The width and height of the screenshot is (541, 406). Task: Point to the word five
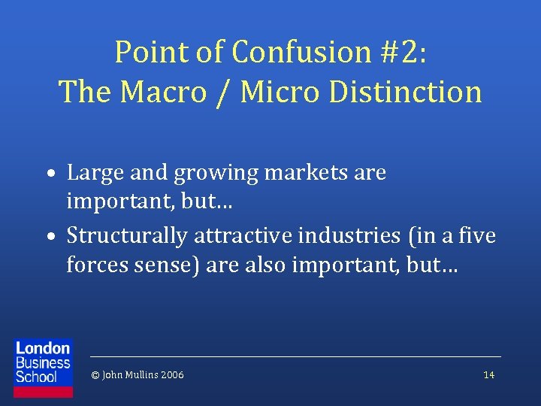(479, 236)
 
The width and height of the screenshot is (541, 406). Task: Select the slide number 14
(489, 375)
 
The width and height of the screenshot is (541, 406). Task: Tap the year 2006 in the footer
(171, 375)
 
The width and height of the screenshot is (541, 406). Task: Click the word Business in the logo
(43, 362)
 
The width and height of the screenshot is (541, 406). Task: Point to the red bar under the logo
(44, 392)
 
